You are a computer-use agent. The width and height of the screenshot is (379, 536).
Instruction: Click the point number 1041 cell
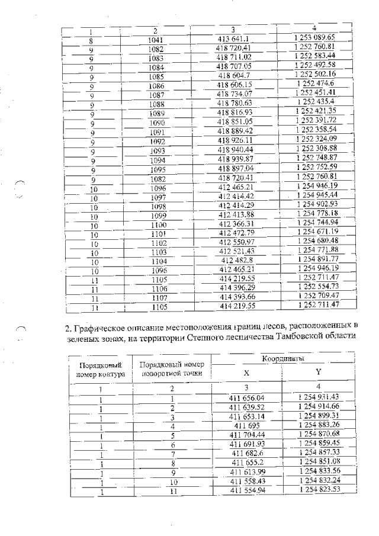point(157,40)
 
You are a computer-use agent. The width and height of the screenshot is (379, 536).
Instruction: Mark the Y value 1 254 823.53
point(318,490)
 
